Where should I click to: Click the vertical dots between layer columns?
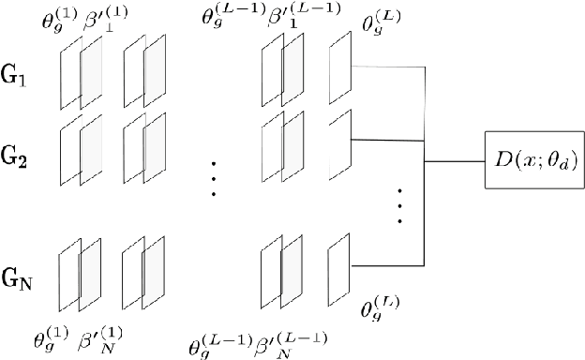pyautogui.click(x=214, y=175)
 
